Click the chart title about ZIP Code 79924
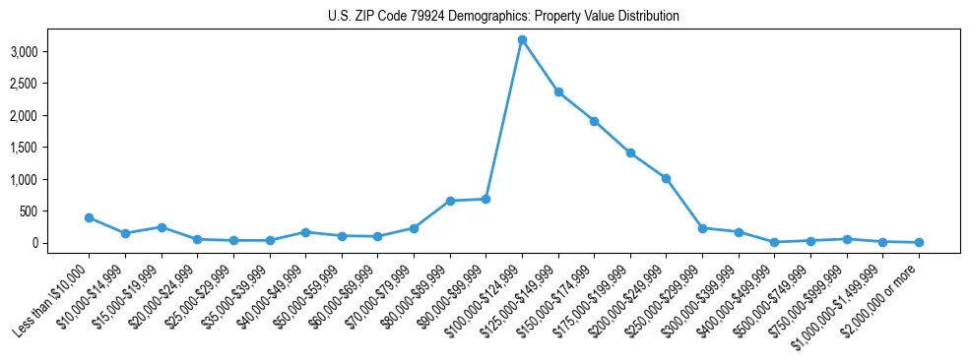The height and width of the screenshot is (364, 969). coord(503,17)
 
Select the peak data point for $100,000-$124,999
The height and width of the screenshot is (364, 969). coord(522,39)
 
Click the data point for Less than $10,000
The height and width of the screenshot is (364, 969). coord(89,217)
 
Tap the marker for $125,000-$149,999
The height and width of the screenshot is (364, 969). coord(558,92)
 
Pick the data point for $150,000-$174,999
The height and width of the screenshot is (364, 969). coord(595,121)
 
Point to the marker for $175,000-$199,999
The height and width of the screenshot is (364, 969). coord(630,153)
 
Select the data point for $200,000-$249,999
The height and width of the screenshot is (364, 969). coord(667,178)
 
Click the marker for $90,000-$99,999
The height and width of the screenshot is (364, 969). coord(485,200)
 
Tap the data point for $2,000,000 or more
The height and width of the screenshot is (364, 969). coord(919,242)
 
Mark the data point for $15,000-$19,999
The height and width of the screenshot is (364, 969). coord(161,227)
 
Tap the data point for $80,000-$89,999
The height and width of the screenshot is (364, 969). coord(450,201)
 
